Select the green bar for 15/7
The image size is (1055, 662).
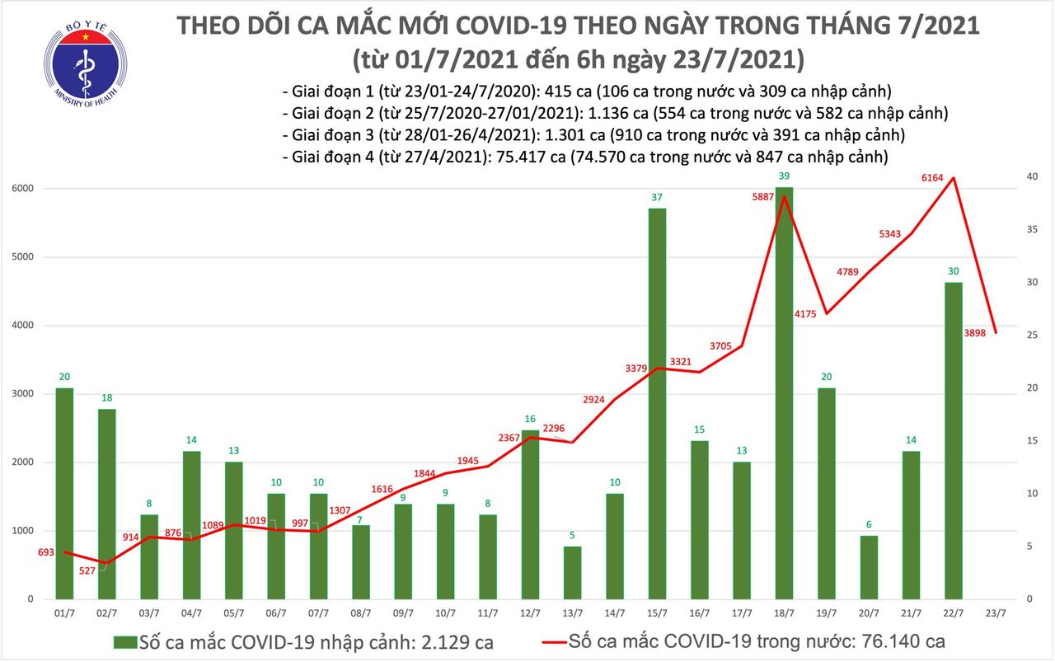[x=657, y=403]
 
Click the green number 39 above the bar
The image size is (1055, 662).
[x=784, y=176]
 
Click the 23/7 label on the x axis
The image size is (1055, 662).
[x=995, y=613]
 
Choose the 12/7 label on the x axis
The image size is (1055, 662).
[x=530, y=613]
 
